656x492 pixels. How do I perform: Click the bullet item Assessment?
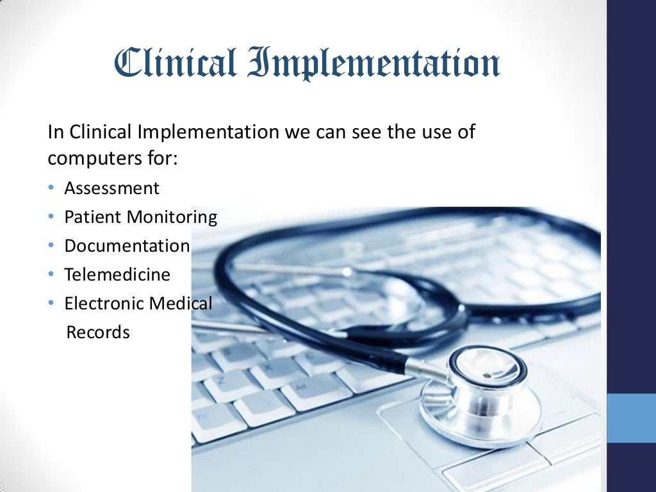[x=111, y=188]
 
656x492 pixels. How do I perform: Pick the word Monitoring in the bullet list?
[x=171, y=217]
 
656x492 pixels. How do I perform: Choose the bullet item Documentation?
[x=127, y=246]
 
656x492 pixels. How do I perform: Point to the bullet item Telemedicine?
[x=117, y=275]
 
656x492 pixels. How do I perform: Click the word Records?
[x=98, y=332]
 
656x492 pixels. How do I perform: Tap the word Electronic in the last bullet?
[x=104, y=304]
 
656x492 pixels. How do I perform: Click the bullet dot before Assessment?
[x=51, y=189]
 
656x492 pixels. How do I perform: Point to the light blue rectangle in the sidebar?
[x=631, y=418]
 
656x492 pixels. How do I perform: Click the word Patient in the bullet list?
[x=93, y=217]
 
